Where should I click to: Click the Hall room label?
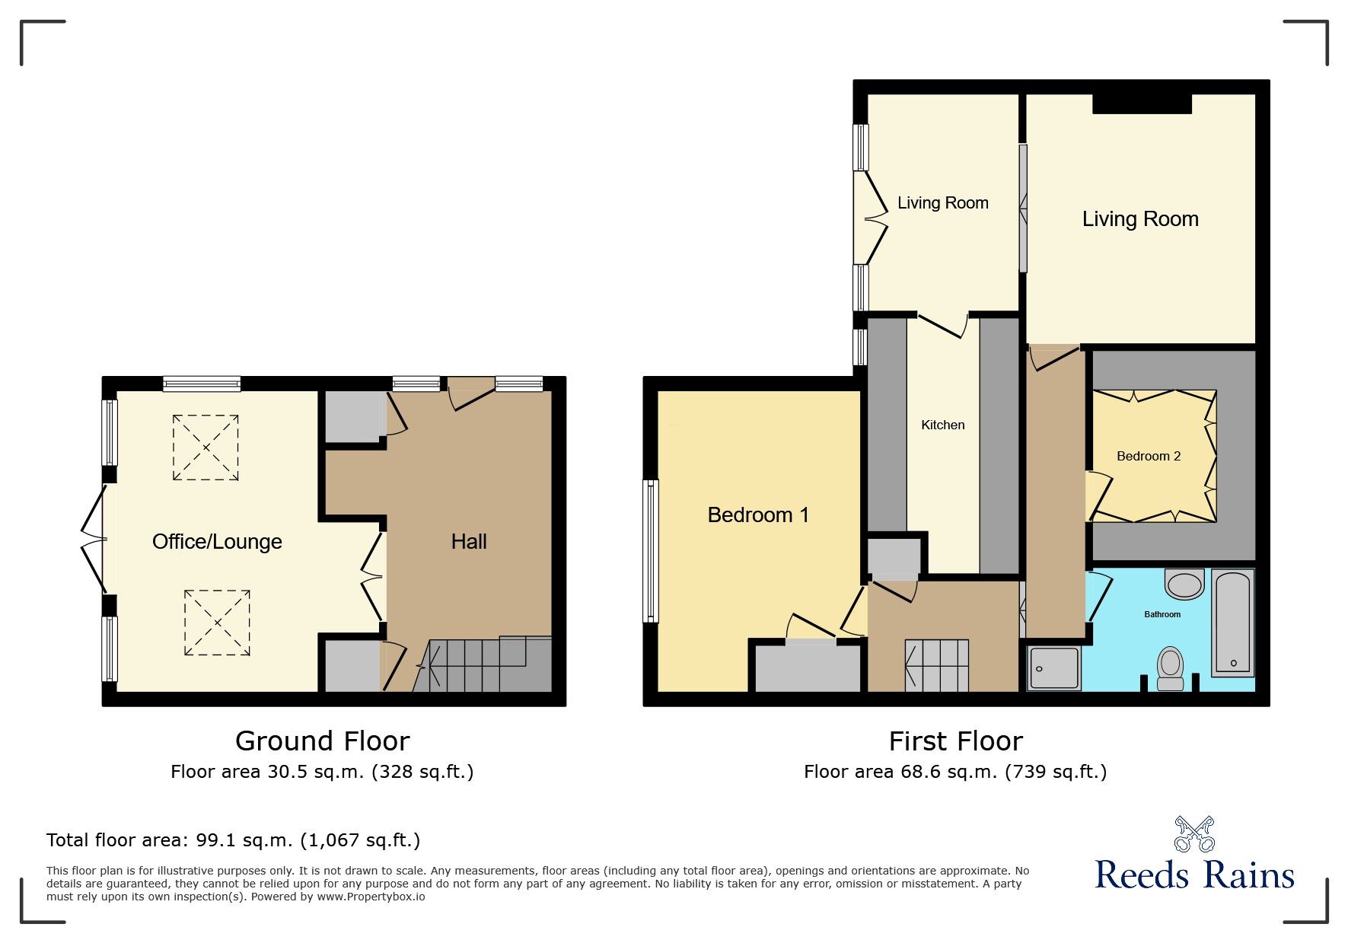(469, 542)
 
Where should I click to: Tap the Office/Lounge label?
(217, 542)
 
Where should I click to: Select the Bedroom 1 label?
(758, 515)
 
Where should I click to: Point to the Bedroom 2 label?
(1149, 457)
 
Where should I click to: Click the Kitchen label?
(943, 425)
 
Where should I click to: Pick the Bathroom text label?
(1162, 614)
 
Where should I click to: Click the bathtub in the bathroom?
(1233, 623)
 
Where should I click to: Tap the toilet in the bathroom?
(1170, 668)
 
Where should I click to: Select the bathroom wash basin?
(1184, 584)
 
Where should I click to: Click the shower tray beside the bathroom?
(1054, 668)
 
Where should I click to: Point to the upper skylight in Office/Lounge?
(206, 448)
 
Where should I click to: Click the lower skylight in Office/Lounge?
(217, 623)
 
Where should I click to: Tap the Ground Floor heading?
(323, 741)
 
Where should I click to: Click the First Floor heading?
(956, 741)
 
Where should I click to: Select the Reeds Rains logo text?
(1194, 875)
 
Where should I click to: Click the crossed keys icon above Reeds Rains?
(1195, 834)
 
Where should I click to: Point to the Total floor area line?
(233, 840)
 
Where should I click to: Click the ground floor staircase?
(483, 665)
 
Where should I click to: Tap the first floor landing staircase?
(937, 665)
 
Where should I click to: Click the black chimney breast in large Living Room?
(1142, 104)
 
